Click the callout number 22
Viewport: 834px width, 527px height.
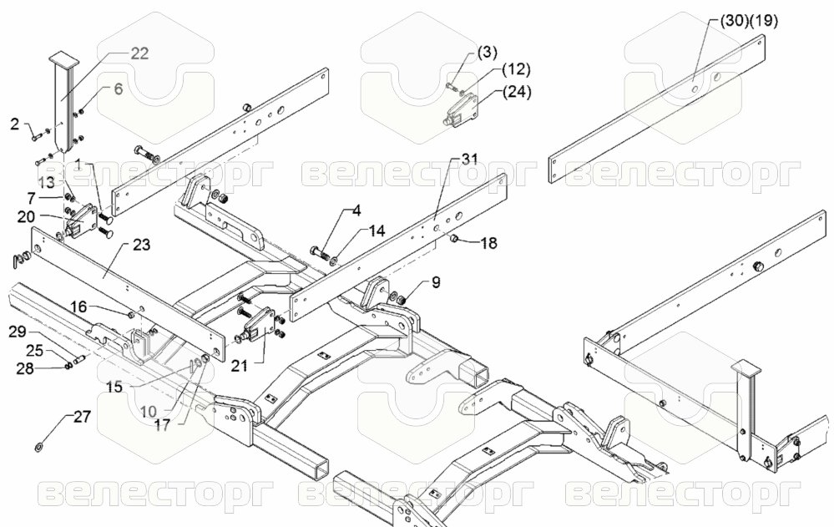[x=139, y=53]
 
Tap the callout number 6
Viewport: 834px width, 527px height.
[x=118, y=89]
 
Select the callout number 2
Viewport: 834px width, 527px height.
[x=14, y=124]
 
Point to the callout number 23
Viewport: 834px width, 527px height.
[x=141, y=245]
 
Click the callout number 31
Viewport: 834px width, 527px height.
[x=469, y=159]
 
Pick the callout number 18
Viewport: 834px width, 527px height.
[x=488, y=243]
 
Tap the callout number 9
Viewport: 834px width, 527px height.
[x=436, y=282]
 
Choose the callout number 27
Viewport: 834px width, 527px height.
[x=82, y=416]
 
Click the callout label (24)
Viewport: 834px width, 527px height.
[x=517, y=92]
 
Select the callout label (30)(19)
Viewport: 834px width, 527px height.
[x=749, y=21]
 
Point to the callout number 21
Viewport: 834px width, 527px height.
[x=240, y=366]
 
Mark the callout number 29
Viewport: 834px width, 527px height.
[x=18, y=332]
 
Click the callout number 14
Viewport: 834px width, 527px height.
[x=376, y=231]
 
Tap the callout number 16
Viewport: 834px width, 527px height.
[x=78, y=307]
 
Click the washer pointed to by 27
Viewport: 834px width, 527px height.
[x=39, y=446]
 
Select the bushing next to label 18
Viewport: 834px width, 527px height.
[x=455, y=237]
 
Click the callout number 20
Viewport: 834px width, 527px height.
[x=26, y=216]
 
